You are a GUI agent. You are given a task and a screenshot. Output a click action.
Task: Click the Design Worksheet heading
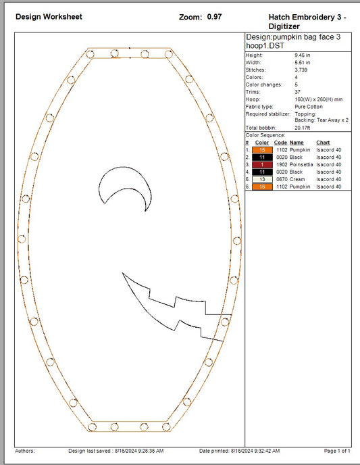coord(49,16)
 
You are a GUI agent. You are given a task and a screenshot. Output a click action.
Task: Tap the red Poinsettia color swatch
coord(261,164)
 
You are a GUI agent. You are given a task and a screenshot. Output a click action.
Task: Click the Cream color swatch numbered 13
coord(261,179)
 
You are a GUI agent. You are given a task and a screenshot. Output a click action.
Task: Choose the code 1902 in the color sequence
coord(280,164)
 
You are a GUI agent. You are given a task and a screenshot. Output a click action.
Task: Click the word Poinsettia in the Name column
coord(301,164)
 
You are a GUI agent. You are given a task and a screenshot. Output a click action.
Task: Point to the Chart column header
coord(323,143)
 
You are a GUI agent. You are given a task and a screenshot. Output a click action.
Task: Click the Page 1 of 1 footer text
coord(337,451)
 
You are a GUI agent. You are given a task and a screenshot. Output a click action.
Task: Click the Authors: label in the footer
coord(25,451)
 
